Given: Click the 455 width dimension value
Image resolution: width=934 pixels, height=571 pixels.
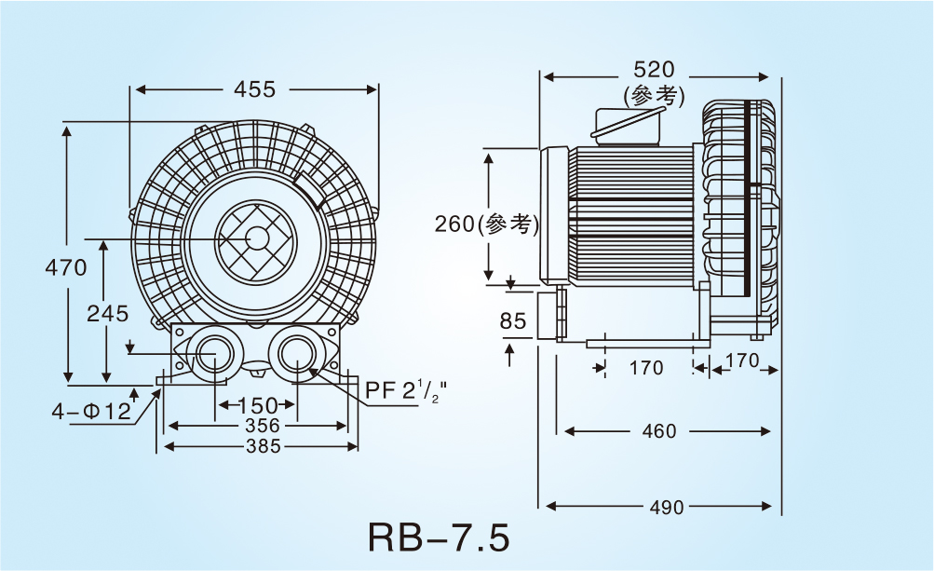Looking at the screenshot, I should click(x=254, y=88).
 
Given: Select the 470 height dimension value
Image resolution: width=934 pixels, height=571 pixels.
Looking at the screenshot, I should click(x=66, y=268).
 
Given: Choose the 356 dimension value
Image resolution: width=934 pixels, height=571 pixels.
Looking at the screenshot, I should click(x=256, y=426).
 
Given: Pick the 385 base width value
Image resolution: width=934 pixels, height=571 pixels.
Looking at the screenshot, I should click(x=260, y=446).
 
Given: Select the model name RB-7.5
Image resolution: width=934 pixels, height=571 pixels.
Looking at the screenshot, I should click(x=439, y=538).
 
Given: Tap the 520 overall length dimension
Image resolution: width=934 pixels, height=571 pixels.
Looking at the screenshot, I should click(x=654, y=71).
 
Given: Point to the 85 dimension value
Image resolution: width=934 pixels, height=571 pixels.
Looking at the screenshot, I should click(x=513, y=322).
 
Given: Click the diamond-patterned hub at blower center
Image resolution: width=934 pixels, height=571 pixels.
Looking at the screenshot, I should click(x=254, y=239).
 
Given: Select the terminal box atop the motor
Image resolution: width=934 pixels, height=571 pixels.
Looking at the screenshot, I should click(x=628, y=125).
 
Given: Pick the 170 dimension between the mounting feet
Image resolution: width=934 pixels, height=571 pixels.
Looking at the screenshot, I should click(x=646, y=368).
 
